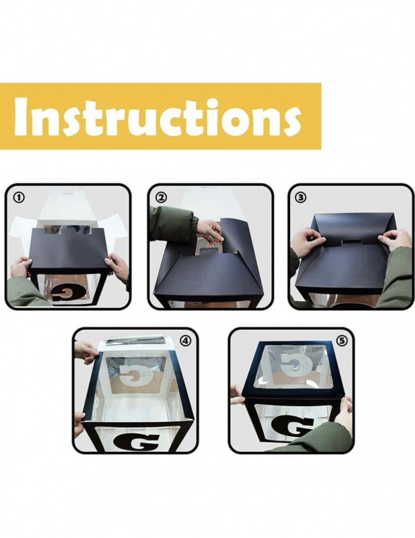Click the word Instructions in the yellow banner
(158, 116)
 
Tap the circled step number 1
(19, 197)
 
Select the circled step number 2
(161, 197)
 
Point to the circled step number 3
(301, 197)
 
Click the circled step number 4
(185, 341)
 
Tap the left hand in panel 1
(22, 267)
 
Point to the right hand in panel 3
(392, 240)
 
